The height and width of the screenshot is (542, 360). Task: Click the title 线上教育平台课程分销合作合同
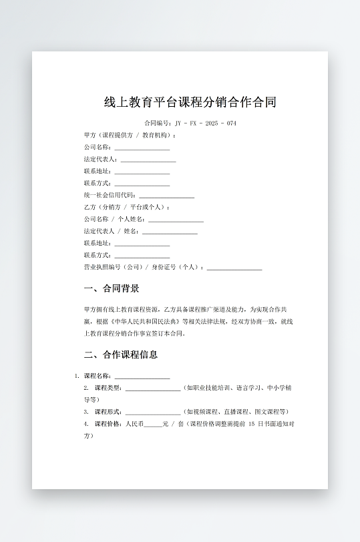click(190, 102)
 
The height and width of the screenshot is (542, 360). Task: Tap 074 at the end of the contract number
click(231, 123)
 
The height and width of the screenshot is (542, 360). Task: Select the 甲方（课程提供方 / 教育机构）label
click(130, 135)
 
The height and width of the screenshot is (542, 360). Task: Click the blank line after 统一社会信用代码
click(166, 196)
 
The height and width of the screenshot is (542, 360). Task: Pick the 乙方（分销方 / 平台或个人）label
click(127, 207)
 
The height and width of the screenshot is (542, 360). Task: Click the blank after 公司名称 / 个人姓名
click(176, 220)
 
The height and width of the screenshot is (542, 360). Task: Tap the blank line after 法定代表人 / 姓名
click(170, 232)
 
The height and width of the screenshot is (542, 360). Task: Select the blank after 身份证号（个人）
click(234, 268)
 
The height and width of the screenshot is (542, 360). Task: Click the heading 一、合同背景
click(112, 289)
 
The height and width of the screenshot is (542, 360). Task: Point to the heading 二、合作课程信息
click(122, 354)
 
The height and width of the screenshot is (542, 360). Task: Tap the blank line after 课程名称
click(142, 376)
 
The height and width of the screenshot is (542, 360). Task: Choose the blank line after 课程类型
click(152, 388)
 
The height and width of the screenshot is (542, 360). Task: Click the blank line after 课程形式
click(152, 412)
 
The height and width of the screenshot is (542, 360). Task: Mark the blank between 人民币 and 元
click(153, 424)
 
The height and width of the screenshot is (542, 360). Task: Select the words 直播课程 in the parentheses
click(242, 412)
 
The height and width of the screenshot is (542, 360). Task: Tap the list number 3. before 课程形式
click(86, 412)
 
